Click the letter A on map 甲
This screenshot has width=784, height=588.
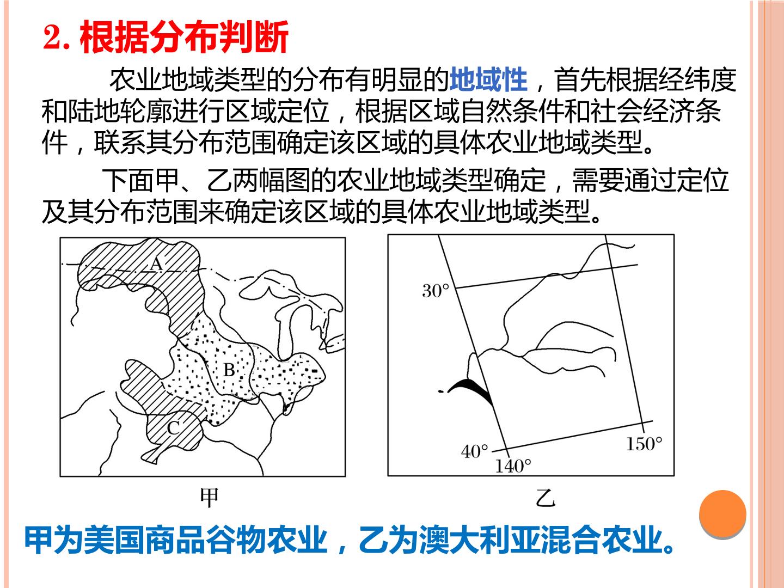157,264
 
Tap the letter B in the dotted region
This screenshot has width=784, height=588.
229,370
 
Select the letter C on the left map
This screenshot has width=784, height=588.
174,428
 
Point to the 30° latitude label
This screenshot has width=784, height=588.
436,291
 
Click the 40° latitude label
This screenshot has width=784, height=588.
474,451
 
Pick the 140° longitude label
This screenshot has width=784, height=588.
513,466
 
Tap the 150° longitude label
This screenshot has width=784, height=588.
644,444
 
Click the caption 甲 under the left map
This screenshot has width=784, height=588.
209,498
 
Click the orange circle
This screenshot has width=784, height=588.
722,514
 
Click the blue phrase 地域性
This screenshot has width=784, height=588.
488,79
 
